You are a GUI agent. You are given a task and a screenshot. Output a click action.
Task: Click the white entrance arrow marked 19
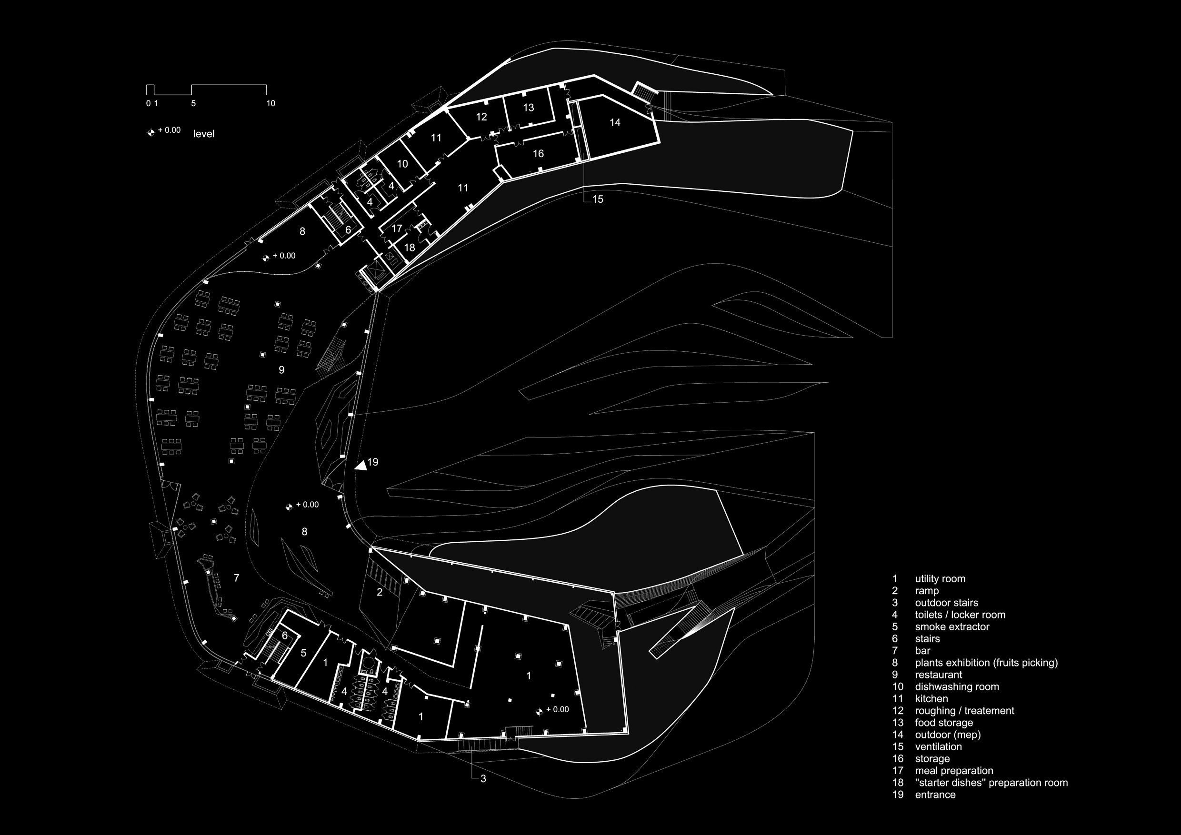(x=361, y=465)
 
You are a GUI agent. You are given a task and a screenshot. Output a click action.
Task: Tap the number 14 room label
(x=615, y=122)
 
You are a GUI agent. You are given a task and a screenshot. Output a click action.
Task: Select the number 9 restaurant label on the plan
(x=281, y=370)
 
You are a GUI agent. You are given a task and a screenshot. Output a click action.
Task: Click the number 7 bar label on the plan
(x=237, y=578)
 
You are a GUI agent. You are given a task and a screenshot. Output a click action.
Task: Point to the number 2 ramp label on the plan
(x=380, y=592)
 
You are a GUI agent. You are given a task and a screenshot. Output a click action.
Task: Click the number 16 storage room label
(x=538, y=154)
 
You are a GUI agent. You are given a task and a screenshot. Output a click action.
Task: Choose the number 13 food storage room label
(x=528, y=108)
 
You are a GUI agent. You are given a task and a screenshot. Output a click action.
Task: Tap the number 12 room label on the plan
(x=481, y=117)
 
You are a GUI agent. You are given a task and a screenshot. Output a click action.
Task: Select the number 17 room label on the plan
(x=397, y=229)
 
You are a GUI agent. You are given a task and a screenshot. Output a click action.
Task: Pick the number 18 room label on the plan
(x=410, y=248)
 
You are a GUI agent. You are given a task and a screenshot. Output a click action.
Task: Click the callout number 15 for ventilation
(x=598, y=199)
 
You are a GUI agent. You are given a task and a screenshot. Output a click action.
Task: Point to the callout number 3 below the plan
(x=483, y=778)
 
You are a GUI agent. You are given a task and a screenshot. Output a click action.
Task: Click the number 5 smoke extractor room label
(x=303, y=653)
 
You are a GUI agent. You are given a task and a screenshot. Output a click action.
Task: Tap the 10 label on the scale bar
(x=270, y=103)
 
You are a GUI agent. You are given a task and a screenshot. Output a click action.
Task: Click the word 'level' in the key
(x=204, y=134)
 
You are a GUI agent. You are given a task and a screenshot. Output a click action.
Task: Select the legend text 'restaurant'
(x=938, y=675)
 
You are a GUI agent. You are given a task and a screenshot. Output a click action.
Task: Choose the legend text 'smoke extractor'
(x=952, y=627)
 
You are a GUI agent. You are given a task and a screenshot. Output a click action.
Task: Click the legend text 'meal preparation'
(x=954, y=771)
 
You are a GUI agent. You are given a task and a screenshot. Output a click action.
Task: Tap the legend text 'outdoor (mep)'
(x=948, y=735)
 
